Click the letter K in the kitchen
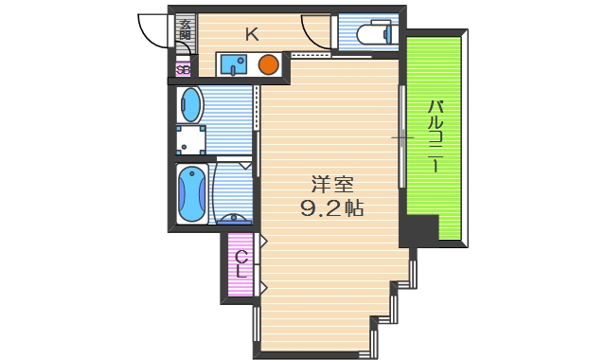point(252,36)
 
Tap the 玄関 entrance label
point(185,30)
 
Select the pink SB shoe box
point(184,68)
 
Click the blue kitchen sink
point(234,64)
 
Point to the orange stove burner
point(268,65)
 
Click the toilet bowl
point(373,35)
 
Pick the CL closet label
point(241,262)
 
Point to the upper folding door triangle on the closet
point(261,241)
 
